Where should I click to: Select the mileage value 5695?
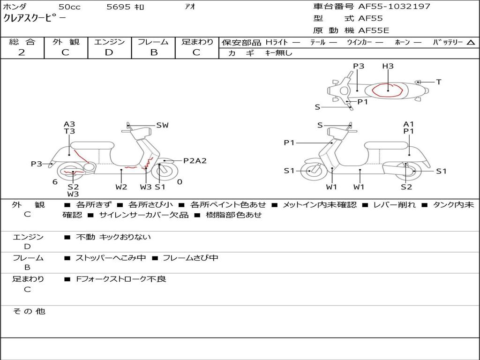(x=118, y=7)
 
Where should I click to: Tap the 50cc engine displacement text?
(x=69, y=7)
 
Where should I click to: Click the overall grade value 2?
(x=22, y=52)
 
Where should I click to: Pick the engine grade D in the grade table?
(x=109, y=52)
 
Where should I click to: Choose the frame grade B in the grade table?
(x=154, y=52)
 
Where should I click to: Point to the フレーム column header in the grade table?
(x=153, y=42)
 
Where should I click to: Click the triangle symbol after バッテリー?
(x=471, y=42)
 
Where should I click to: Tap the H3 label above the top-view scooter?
(x=388, y=66)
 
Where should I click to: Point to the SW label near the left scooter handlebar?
(x=162, y=125)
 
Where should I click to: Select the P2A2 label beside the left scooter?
(x=195, y=161)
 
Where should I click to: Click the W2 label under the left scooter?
(x=121, y=187)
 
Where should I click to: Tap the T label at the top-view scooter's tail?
(x=439, y=82)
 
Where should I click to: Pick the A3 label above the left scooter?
(x=69, y=124)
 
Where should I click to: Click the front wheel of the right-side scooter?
(x=310, y=171)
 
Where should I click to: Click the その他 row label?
(x=29, y=311)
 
